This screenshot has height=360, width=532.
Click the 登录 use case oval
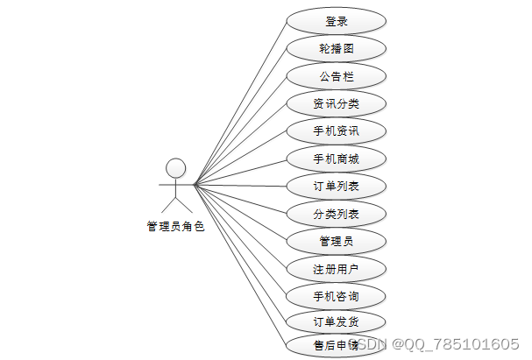[x=336, y=21]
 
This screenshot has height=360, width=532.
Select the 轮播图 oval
[x=336, y=48]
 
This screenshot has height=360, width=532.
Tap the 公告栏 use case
[x=336, y=76]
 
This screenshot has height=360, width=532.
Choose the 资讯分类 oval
[x=336, y=103]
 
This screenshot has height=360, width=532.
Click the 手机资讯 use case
[x=336, y=131]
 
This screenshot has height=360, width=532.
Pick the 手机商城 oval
[x=336, y=159]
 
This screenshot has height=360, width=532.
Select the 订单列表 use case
[x=336, y=186]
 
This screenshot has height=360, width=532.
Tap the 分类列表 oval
[x=336, y=213]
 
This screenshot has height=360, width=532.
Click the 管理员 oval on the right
[x=336, y=239]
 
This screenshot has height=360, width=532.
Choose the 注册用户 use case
[x=336, y=266]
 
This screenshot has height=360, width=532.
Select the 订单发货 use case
[x=336, y=321]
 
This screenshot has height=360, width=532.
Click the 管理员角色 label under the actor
[x=175, y=226]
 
